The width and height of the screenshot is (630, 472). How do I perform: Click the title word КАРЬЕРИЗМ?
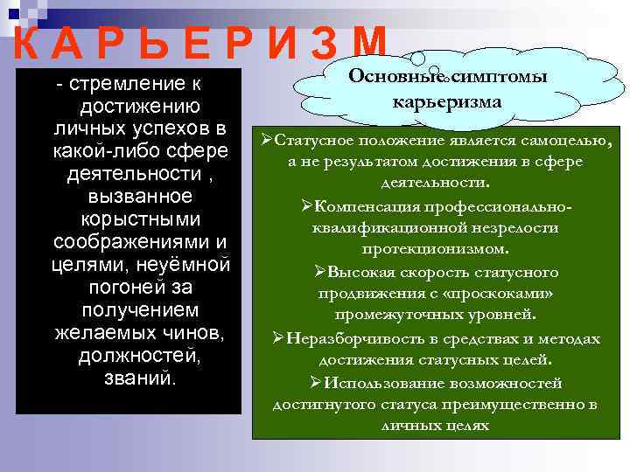coord(197,41)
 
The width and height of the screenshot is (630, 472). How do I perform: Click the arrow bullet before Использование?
coord(317,382)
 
